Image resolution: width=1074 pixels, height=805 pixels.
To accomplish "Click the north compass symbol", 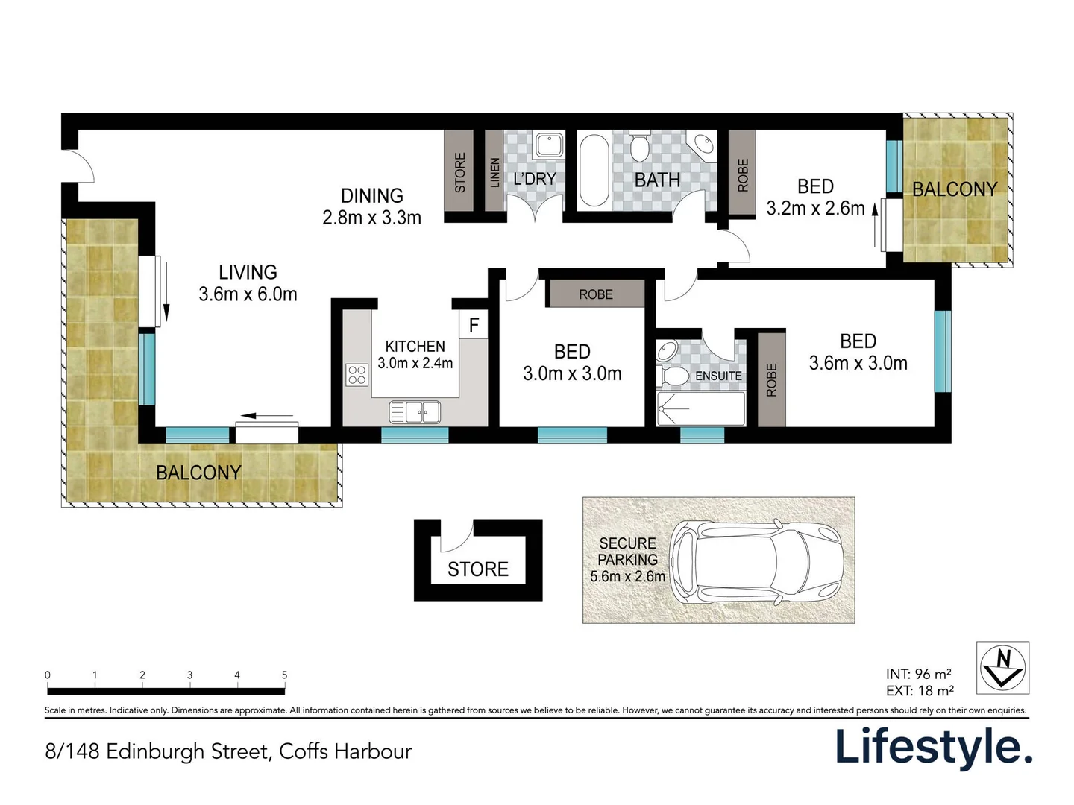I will [x=1002, y=667].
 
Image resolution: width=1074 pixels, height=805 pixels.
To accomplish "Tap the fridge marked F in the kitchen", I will [x=474, y=325].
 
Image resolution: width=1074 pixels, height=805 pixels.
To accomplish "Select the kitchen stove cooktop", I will [x=357, y=374].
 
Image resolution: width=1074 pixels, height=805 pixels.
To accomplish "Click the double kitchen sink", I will [x=415, y=411].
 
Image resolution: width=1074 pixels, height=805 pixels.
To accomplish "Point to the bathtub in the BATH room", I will [x=594, y=170].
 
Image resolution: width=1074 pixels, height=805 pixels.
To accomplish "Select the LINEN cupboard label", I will [x=494, y=172].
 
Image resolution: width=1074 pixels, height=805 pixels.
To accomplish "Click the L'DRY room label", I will [x=535, y=179].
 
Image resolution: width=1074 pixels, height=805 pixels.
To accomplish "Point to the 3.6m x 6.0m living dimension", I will [x=248, y=294].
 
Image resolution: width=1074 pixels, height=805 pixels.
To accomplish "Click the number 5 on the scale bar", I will [x=284, y=675].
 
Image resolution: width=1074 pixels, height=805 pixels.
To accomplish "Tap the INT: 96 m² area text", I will [x=918, y=674].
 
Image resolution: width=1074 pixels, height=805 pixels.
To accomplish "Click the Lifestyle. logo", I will [x=933, y=747].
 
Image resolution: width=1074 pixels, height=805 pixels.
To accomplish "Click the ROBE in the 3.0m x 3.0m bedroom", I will [x=596, y=294].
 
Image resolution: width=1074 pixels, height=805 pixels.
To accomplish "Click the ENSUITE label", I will [x=718, y=376].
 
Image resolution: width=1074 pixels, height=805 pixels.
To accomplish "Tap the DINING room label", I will [x=371, y=195].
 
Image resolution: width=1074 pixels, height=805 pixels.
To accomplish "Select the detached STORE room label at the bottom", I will [x=477, y=569].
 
